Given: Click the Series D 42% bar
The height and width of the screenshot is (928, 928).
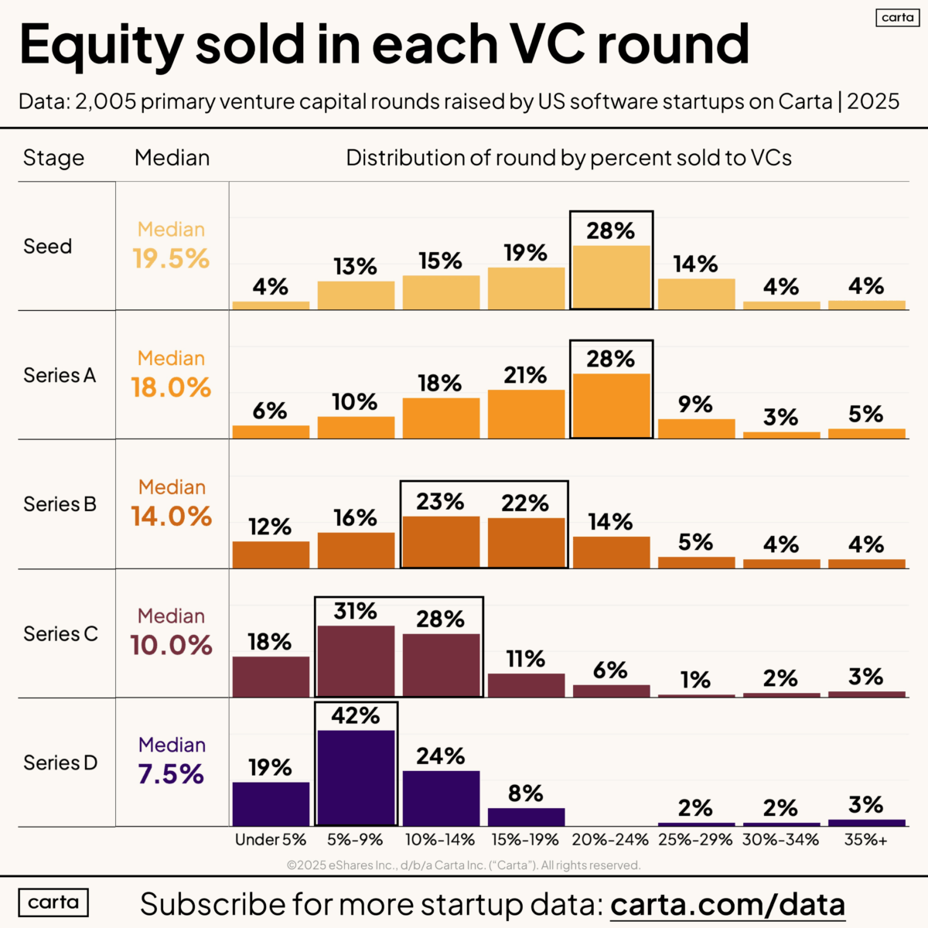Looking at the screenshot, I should pos(356,777).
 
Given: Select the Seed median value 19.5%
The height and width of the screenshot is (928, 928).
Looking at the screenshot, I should pos(171,258).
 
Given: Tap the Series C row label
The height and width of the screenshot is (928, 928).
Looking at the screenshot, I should pos(60,634).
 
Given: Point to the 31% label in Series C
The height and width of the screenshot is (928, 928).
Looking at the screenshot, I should pos(356,612).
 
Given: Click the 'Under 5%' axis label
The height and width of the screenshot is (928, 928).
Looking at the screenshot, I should pos(271,840).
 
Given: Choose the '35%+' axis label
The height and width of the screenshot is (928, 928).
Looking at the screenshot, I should pos(866,840).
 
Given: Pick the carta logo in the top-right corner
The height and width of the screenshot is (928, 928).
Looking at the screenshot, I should pos(897,17).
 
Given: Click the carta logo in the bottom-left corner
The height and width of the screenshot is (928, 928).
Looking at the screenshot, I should pos(53,902).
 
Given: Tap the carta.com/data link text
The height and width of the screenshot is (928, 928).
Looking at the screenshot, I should pos(727,904).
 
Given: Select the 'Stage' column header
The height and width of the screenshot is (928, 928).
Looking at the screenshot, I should pos(53,158).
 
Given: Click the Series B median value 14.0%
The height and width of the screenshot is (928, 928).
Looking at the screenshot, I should pos(171,517).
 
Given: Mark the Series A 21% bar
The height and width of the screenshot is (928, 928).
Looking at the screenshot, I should pos(526,414).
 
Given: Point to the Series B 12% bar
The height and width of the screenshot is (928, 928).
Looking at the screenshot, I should pos(271,554).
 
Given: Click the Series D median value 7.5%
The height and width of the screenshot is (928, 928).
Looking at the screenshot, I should pos(171,774).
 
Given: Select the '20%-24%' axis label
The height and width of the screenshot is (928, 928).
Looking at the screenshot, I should pos(611,840).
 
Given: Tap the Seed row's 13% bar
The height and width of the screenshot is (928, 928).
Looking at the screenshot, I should pos(356,295).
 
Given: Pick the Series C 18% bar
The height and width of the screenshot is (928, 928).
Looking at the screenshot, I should pos(271,677).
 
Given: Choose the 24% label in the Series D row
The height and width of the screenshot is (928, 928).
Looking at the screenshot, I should pos(441,756).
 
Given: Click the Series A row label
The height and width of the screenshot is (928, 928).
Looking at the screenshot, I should pos(60,376).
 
